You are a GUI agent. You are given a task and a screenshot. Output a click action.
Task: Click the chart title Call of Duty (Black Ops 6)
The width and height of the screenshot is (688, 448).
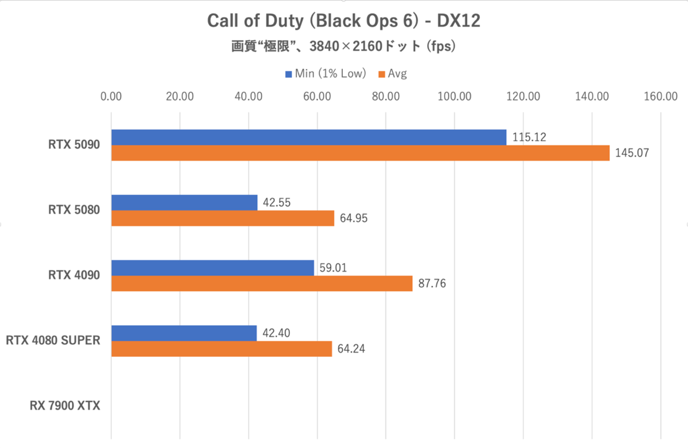coord(343,21)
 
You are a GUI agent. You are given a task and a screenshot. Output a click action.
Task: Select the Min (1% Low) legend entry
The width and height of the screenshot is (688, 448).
coord(326,73)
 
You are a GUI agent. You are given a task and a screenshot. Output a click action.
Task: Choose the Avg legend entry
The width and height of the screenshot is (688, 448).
coord(393,73)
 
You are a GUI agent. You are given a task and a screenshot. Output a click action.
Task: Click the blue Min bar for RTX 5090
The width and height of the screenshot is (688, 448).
coord(308,138)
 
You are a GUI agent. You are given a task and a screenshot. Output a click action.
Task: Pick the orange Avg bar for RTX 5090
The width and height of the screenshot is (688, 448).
coord(360,153)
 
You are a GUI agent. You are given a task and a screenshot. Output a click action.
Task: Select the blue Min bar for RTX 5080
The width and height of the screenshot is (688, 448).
coord(184,202)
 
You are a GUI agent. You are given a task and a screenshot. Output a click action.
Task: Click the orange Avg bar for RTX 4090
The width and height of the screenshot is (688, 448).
coord(261,283)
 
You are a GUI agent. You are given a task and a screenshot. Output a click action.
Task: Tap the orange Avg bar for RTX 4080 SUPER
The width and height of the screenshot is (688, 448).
coord(221,349)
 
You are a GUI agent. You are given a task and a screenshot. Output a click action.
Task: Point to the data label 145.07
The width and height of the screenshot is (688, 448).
coord(631,153)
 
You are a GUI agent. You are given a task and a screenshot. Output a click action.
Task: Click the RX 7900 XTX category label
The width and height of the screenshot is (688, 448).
coord(65,406)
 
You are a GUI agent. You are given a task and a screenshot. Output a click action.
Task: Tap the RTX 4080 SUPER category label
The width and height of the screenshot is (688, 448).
coord(53,341)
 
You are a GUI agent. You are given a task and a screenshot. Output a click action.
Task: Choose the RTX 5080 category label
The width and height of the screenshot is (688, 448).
coord(74,210)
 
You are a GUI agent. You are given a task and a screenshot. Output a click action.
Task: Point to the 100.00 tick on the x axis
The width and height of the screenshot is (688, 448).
coord(454,96)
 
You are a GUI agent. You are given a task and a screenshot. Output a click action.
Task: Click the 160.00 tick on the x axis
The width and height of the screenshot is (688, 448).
coord(660,96)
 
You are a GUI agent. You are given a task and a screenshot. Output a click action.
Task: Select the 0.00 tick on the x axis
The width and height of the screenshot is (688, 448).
coord(111,96)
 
